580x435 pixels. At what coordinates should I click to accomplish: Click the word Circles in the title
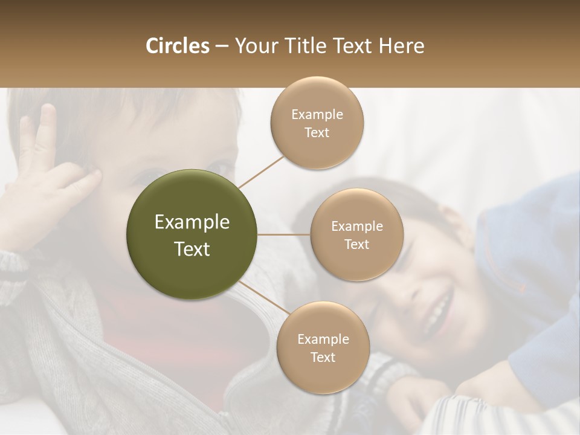click(x=178, y=46)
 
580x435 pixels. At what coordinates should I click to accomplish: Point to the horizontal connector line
click(x=284, y=234)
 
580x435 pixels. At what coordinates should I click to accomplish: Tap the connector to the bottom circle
click(x=263, y=298)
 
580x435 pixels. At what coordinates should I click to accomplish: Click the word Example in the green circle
click(x=192, y=222)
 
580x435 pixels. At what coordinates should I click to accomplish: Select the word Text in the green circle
click(x=192, y=249)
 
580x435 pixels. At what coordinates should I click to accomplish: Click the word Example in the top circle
click(x=317, y=114)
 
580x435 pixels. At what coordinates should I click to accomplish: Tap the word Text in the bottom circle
click(x=323, y=357)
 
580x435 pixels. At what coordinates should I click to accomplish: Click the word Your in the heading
click(x=254, y=46)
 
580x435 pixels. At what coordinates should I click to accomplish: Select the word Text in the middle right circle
click(x=356, y=244)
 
